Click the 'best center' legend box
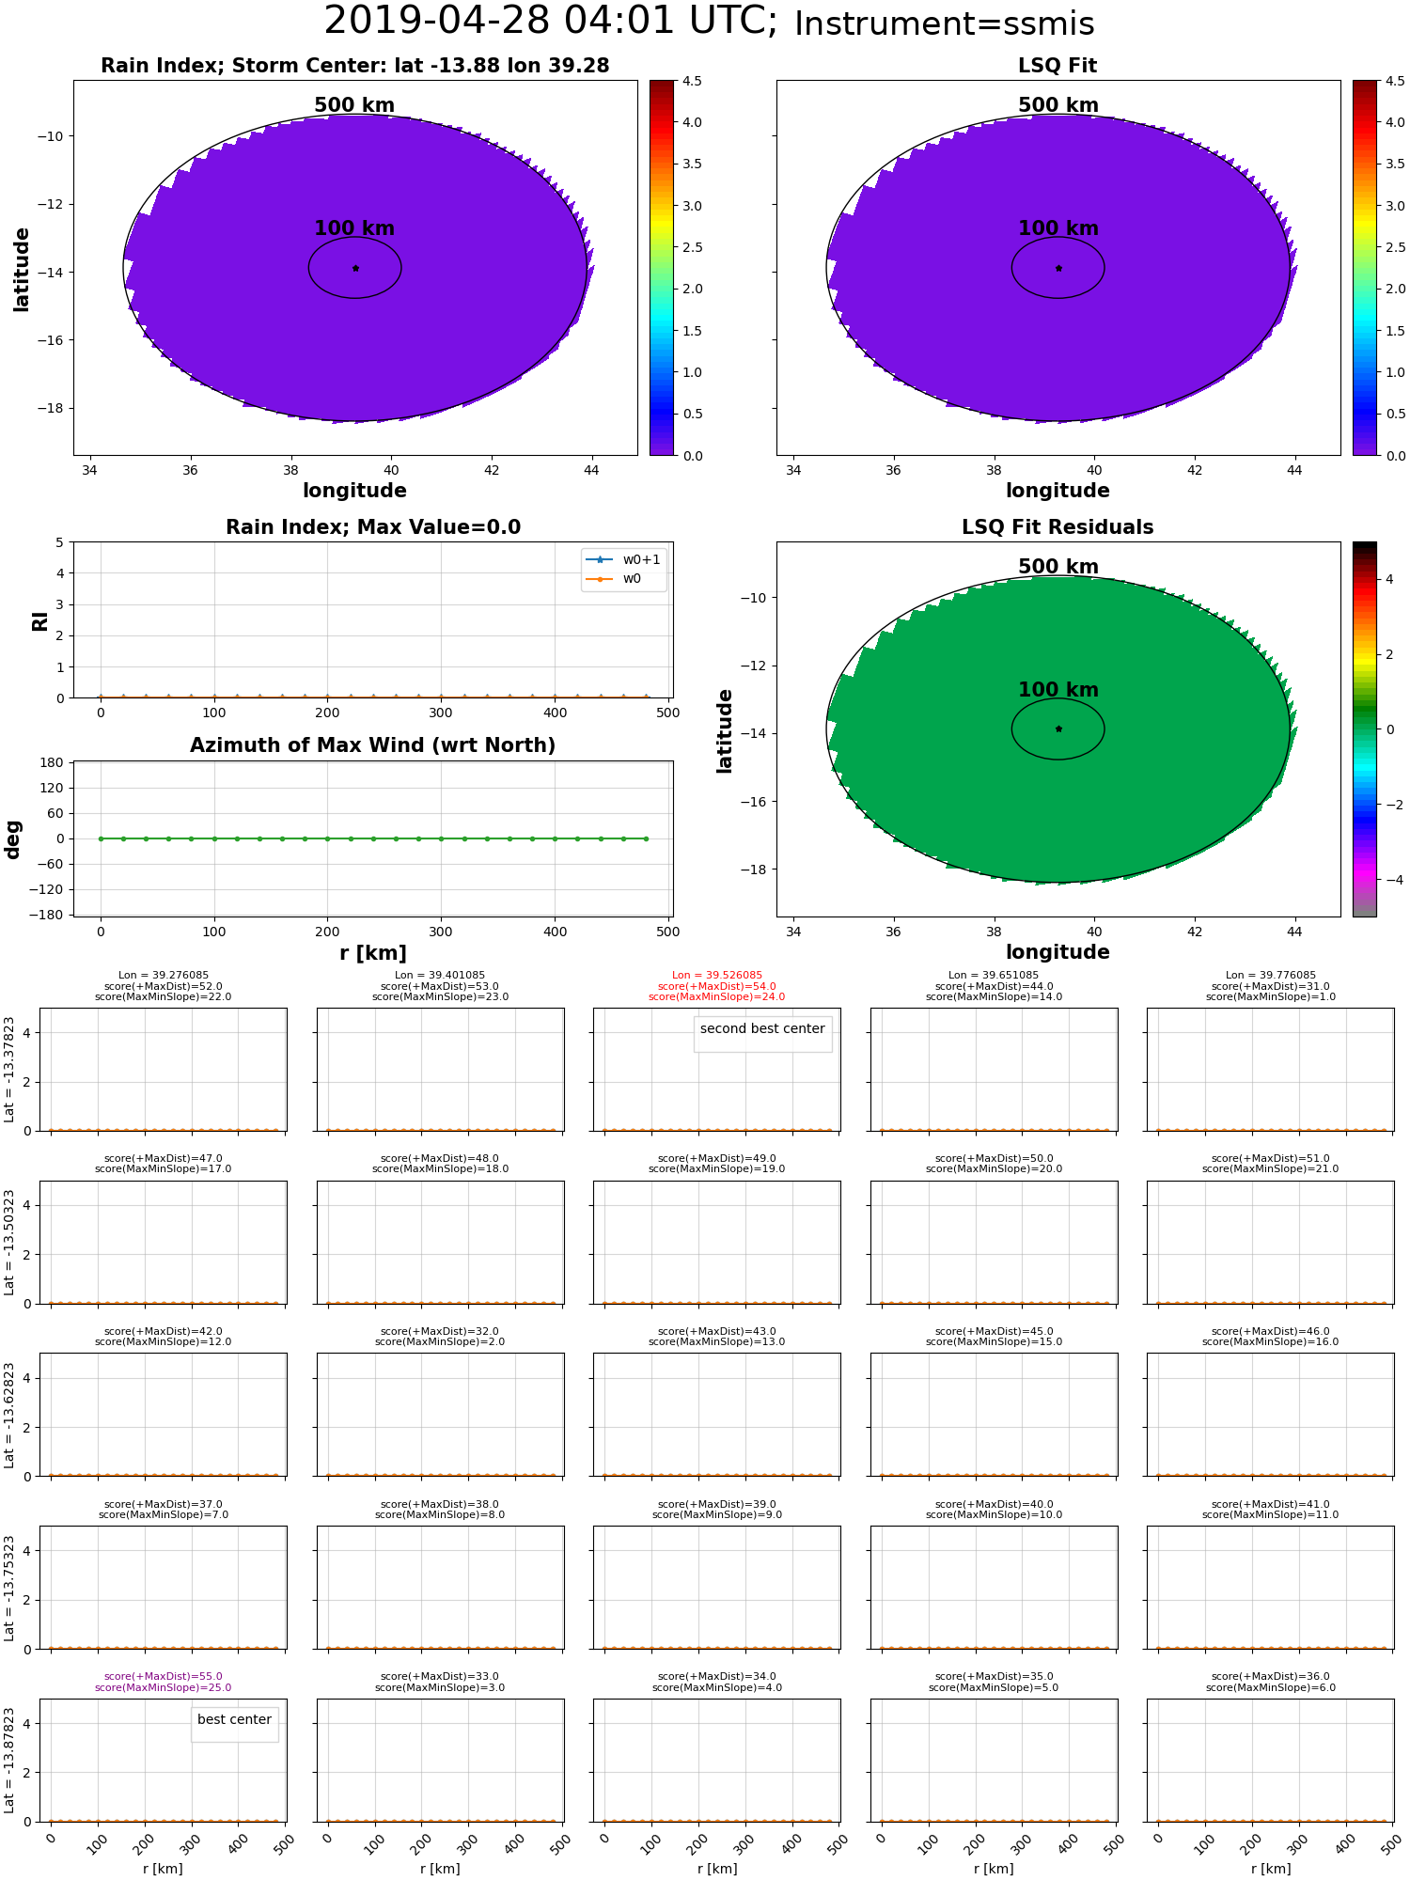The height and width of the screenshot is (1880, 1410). click(x=234, y=1719)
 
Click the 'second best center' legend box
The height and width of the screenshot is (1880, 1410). click(x=762, y=1029)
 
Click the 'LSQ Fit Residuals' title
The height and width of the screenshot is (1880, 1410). click(x=1057, y=527)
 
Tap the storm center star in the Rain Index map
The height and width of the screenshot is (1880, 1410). click(x=355, y=268)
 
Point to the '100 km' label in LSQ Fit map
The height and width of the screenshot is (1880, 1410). click(x=1057, y=228)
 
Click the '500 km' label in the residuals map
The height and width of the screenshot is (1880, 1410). click(x=1057, y=567)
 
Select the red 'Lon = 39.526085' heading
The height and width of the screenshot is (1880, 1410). click(x=717, y=976)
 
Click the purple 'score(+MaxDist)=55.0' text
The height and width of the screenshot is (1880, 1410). click(x=164, y=1676)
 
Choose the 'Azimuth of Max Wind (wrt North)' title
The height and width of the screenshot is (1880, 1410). click(x=372, y=745)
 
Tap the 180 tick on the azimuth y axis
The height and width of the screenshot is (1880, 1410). click(x=53, y=762)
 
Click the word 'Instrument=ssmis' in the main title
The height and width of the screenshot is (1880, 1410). click(x=944, y=24)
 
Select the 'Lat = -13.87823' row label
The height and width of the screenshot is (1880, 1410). click(x=9, y=1760)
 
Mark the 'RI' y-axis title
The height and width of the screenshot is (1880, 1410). click(x=39, y=620)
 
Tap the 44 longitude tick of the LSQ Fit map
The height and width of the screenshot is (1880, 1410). click(x=1294, y=470)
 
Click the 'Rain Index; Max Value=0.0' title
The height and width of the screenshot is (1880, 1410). click(x=372, y=527)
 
